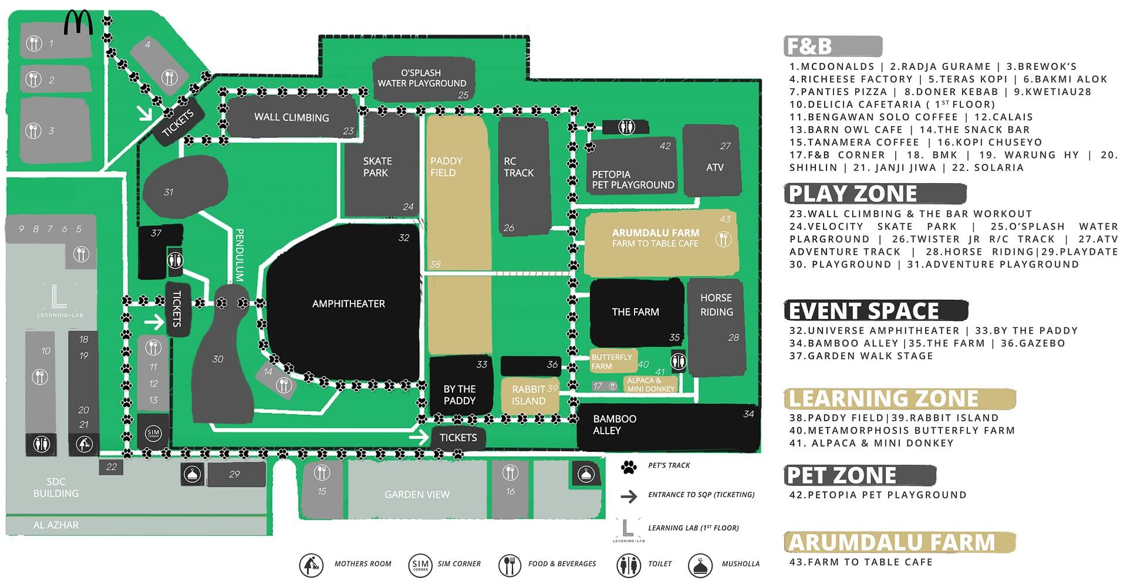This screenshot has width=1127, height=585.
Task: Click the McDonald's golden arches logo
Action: (x=78, y=23)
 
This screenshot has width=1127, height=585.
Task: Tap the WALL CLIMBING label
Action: (x=291, y=117)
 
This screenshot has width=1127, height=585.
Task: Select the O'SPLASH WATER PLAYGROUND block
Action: (x=422, y=78)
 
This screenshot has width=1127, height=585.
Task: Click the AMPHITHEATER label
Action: (x=349, y=303)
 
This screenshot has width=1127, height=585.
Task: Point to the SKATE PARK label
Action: (x=377, y=167)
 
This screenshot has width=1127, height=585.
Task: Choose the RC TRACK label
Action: (x=518, y=167)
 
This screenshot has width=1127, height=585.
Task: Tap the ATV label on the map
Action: (x=714, y=167)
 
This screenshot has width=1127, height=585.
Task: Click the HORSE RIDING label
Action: (x=716, y=305)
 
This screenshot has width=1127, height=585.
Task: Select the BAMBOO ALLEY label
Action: (x=615, y=424)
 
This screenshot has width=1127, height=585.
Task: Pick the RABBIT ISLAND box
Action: (x=529, y=395)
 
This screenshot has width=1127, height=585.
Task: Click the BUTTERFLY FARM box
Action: (x=612, y=361)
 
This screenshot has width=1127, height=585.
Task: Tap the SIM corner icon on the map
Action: (x=153, y=434)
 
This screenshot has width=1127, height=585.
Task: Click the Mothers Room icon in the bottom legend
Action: (x=311, y=564)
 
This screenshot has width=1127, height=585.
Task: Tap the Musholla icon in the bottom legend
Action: (x=700, y=564)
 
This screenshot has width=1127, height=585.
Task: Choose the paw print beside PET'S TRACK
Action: (x=629, y=467)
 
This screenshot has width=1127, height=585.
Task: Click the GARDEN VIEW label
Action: (x=417, y=495)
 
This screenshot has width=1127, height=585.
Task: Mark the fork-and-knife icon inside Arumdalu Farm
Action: (x=723, y=239)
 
